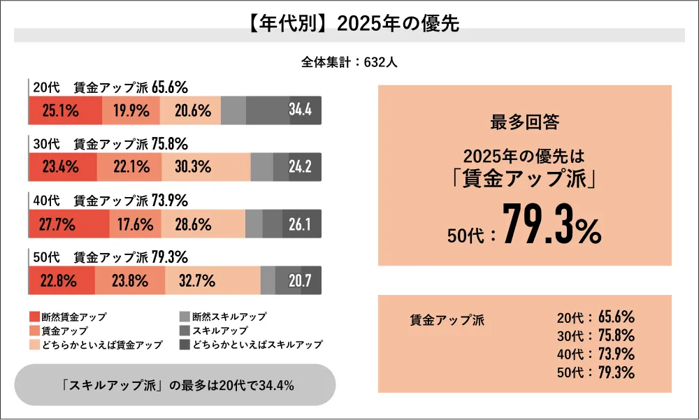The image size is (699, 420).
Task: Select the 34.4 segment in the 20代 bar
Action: click(301, 110)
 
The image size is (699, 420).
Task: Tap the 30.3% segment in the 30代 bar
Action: click(206, 167)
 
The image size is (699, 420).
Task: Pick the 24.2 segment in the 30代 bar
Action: click(301, 167)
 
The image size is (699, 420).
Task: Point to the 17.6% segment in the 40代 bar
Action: click(136, 224)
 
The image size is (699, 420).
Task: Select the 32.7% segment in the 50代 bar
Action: click(212, 281)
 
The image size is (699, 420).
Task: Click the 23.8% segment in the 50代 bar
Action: click(130, 281)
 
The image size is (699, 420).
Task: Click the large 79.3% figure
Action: click(552, 226)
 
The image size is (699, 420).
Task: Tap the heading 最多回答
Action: click(524, 122)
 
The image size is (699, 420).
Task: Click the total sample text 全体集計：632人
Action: click(349, 62)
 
